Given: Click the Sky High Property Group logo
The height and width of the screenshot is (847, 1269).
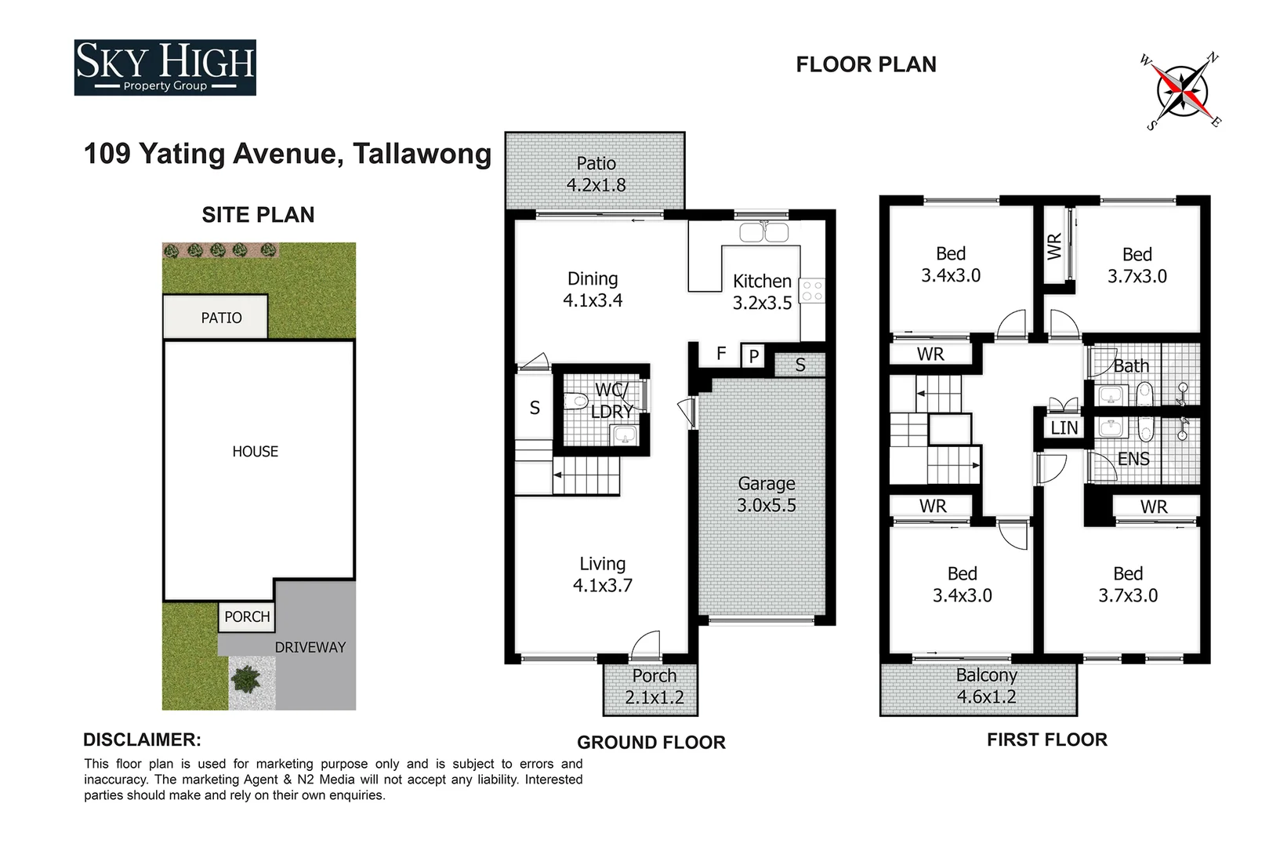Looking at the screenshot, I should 165,67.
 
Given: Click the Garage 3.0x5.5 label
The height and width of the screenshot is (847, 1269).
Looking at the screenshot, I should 766,495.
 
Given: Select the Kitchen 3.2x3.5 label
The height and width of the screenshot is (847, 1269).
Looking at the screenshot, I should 762,292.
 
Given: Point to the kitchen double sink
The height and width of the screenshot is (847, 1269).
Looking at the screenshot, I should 764,232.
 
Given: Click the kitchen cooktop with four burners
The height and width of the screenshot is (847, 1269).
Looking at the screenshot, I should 812,291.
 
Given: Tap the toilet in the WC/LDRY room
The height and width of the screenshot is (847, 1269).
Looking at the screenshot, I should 577,402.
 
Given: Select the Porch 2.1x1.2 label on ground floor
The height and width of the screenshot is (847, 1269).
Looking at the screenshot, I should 654,687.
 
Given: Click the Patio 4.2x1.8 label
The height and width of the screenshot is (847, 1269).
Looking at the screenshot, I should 596,174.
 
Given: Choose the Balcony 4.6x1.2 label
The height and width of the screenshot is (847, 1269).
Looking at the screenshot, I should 986,686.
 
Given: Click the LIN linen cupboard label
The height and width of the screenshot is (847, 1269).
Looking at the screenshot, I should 1064,428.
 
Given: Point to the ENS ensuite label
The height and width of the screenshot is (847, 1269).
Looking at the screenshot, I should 1133,459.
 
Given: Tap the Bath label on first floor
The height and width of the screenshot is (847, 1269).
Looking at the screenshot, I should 1131,365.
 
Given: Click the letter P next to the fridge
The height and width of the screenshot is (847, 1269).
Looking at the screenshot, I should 753,357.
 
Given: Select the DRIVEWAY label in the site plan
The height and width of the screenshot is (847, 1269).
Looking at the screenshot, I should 310,647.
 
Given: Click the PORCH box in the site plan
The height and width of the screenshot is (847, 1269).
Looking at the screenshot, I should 247,616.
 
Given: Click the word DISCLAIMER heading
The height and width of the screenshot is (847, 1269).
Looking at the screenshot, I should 142,740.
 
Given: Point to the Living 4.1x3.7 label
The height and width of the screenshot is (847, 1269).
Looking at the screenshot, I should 602,575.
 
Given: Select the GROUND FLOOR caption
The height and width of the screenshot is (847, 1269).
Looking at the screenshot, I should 651,742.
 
